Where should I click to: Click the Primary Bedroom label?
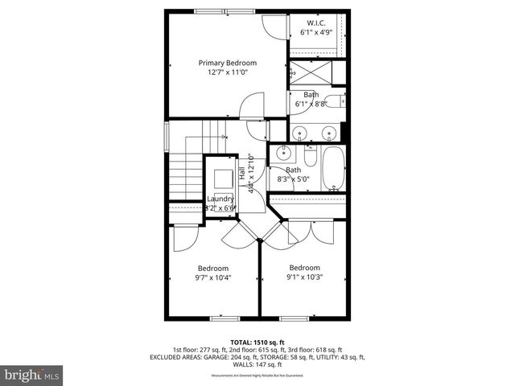coord(228,63)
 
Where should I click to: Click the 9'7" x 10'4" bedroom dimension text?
coord(214,278)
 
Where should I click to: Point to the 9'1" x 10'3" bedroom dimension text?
coord(305,278)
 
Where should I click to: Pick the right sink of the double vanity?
coord(328,133)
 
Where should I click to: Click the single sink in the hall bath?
coord(283,154)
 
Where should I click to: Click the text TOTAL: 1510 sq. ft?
coord(257,342)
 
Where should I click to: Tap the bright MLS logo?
coord(32,375)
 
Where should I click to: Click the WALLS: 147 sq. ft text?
coord(257,364)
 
